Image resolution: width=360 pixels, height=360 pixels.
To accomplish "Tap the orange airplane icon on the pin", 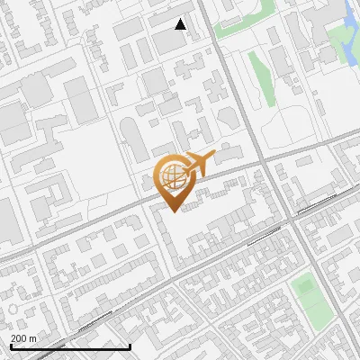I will coord(200,163).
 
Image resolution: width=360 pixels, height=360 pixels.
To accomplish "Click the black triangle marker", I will coord(181,24).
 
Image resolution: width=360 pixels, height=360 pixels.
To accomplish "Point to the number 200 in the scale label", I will coord(20,338).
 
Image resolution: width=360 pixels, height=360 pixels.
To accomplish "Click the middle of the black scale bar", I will coord(70,346).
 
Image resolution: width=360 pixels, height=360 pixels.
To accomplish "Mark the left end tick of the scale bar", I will coord(10,346).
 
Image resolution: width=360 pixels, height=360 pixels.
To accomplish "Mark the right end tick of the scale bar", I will coord(130,346).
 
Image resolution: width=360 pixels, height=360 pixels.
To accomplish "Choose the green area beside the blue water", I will coord(339,40).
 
